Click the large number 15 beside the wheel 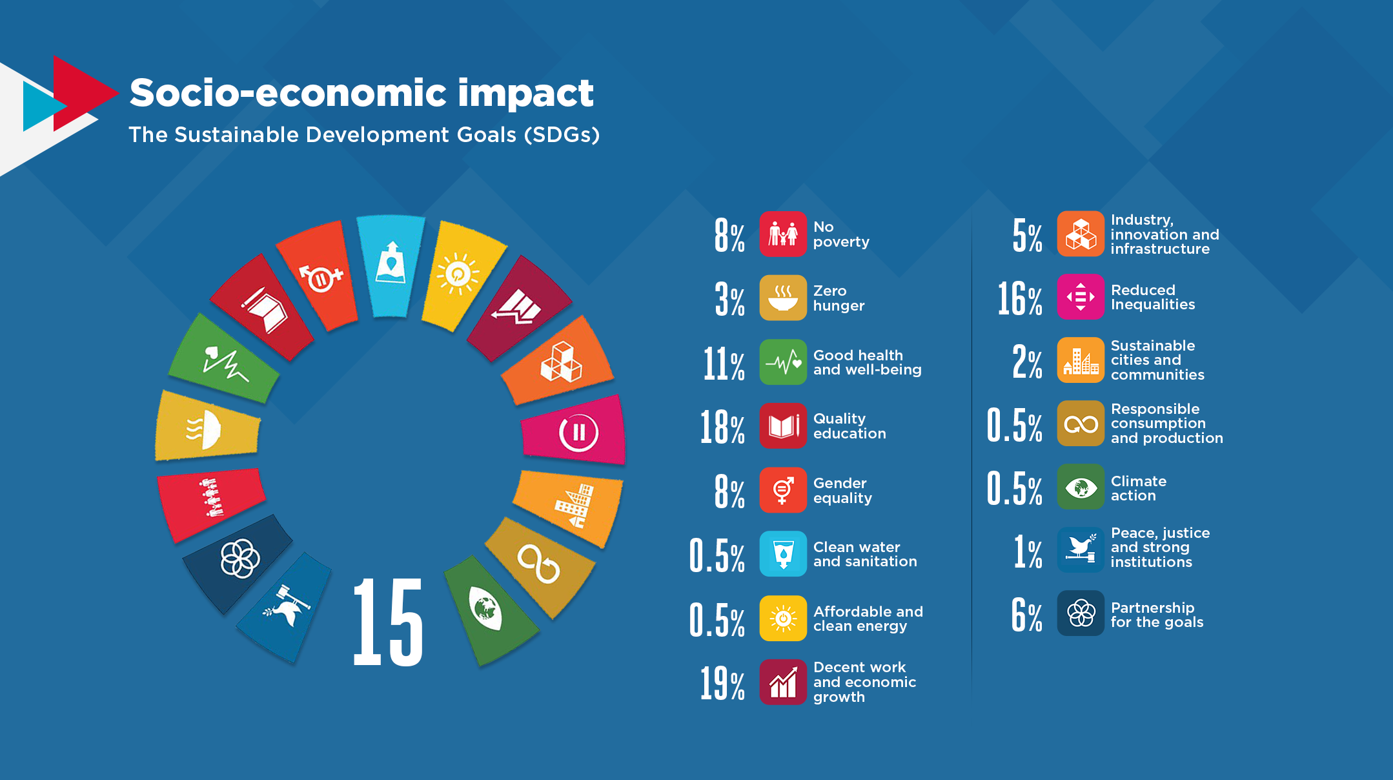click(x=388, y=622)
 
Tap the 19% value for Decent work click(x=722, y=683)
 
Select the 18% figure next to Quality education click(x=722, y=427)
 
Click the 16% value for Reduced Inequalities click(x=1020, y=299)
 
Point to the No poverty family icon click(x=783, y=234)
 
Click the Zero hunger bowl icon click(x=783, y=298)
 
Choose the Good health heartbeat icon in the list click(x=783, y=362)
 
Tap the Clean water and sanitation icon click(x=783, y=554)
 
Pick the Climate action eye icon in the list click(x=1081, y=487)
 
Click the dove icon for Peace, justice click(x=1081, y=549)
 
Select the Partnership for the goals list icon click(x=1081, y=613)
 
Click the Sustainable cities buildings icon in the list click(x=1081, y=360)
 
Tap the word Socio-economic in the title click(x=288, y=93)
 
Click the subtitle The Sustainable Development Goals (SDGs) click(x=364, y=134)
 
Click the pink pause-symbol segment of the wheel click(x=576, y=431)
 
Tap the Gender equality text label click(x=842, y=490)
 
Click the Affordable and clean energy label click(x=868, y=619)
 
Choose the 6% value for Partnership click(x=1026, y=615)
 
